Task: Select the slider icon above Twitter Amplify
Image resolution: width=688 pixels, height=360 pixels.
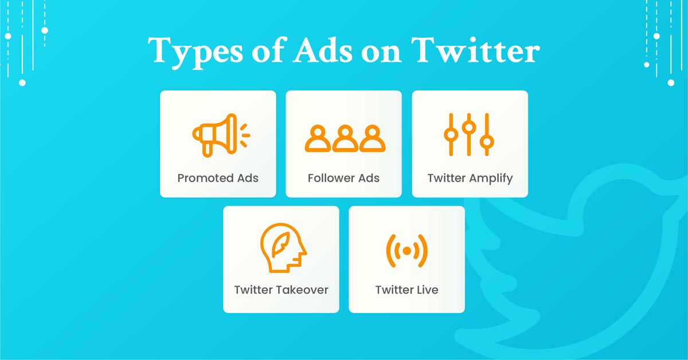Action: [469, 134]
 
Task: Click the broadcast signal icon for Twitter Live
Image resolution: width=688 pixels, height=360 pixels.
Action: [406, 251]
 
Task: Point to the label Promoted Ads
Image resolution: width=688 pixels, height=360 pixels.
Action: [218, 178]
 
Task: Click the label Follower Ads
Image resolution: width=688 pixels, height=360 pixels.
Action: [343, 178]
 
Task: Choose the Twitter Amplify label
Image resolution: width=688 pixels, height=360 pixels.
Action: [470, 178]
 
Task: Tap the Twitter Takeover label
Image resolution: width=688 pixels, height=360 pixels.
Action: [281, 289]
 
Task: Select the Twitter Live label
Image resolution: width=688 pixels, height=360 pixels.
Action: [406, 289]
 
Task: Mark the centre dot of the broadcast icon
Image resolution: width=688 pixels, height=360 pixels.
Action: [406, 251]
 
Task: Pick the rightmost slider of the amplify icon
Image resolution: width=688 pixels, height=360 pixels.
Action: [487, 134]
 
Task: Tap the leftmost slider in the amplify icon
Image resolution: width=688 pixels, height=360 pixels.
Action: [451, 134]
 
